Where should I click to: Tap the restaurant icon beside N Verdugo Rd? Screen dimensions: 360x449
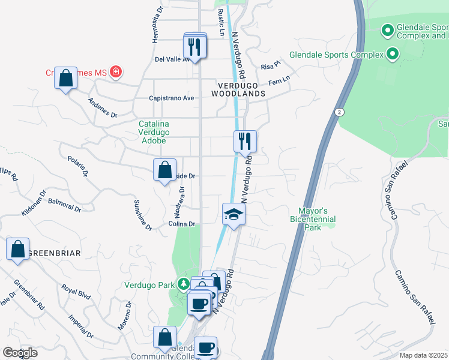[245, 142]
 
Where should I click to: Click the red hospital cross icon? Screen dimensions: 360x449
[116, 73]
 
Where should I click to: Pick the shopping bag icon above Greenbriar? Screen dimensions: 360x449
[17, 249]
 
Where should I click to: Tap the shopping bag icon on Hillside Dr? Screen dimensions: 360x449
[164, 170]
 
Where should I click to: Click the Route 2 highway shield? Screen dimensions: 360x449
[340, 112]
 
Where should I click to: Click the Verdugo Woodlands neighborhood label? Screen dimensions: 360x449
[238, 89]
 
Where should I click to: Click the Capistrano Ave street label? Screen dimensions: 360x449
[172, 98]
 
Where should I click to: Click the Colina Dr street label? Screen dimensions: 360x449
[182, 224]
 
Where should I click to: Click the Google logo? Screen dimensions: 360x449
[20, 353]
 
